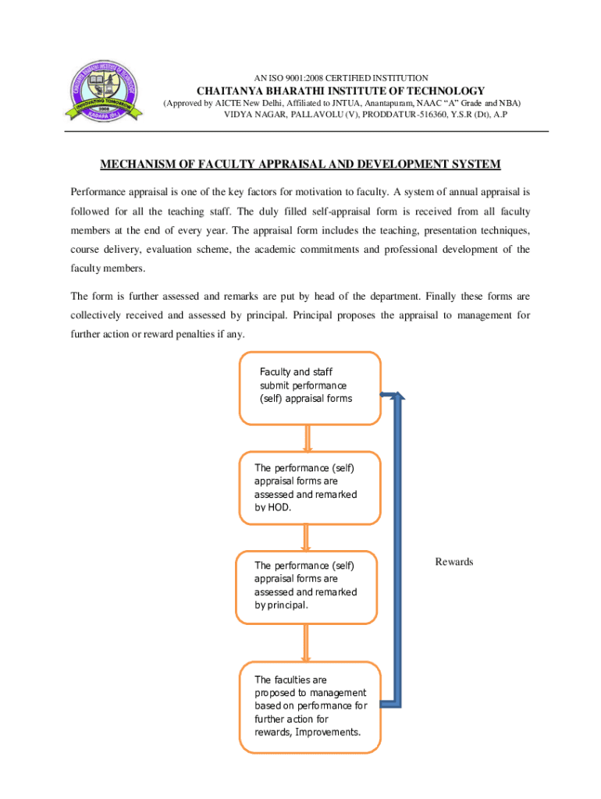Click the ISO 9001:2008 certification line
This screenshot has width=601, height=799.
click(341, 78)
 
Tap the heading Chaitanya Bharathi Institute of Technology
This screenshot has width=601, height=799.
click(340, 91)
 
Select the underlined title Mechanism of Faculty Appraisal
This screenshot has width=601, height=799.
click(300, 164)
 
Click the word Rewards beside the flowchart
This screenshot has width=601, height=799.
click(453, 562)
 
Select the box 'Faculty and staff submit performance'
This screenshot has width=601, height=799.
click(308, 385)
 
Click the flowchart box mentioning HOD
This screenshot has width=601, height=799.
click(308, 488)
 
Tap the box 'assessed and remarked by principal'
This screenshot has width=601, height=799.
click(306, 586)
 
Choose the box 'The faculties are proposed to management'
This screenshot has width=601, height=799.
click(310, 707)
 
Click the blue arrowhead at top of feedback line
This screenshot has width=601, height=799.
click(397, 397)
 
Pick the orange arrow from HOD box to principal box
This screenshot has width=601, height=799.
click(306, 537)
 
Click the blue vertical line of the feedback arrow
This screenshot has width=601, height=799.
click(397, 546)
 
